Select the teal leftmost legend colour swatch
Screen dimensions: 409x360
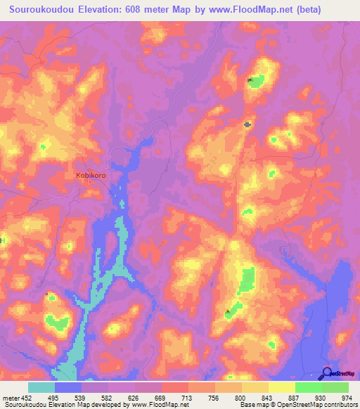(41, 387)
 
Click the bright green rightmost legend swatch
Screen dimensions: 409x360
(335, 387)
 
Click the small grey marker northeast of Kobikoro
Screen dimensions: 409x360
(247, 124)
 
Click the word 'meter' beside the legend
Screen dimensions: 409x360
(10, 397)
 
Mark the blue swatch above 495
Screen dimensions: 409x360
(68, 387)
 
